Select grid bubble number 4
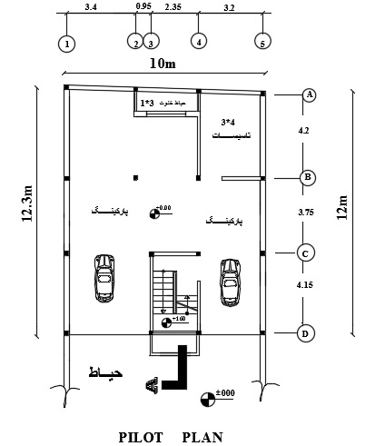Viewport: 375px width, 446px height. coord(198,42)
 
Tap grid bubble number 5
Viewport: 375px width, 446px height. coord(262,43)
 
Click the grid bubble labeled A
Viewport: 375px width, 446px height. coord(309,94)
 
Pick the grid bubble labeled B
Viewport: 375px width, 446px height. coord(309,177)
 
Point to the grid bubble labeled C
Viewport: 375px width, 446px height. coord(308,253)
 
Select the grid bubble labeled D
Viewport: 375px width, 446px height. coord(306,333)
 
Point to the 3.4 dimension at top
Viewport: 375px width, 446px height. coord(91,6)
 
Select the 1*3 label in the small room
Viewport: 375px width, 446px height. coord(146,103)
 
